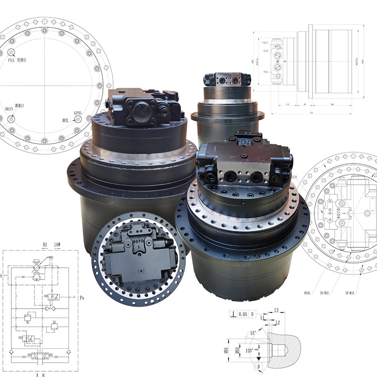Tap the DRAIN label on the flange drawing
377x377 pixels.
click(9, 109)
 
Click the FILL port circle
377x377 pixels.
click(11, 52)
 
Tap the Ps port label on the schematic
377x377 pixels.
click(82, 297)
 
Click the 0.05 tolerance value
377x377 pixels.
click(243, 313)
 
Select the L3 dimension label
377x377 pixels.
click(278, 310)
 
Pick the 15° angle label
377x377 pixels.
click(254, 333)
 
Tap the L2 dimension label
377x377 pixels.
click(278, 322)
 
